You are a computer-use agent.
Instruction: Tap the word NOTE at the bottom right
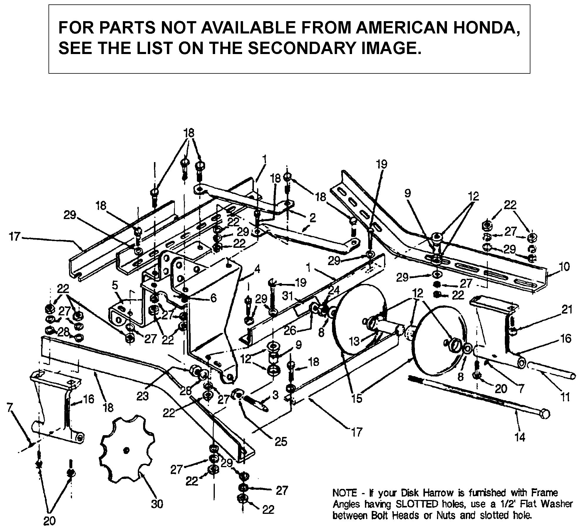(x=344, y=492)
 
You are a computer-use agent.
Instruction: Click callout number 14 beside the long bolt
(x=519, y=445)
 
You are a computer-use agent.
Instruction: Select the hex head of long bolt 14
(x=544, y=414)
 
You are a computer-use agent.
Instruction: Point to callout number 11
(x=565, y=397)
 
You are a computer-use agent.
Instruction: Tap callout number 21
(x=567, y=310)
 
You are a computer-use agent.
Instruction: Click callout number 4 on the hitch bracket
(x=257, y=269)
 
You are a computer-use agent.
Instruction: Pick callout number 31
(x=288, y=296)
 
